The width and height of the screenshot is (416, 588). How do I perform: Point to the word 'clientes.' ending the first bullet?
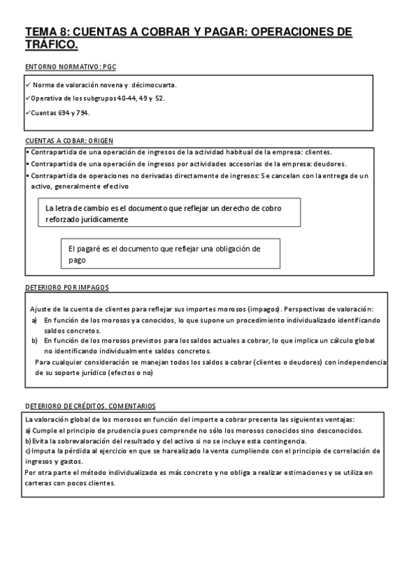pyautogui.click(x=316, y=152)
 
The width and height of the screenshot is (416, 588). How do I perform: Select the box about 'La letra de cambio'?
pyautogui.click(x=169, y=213)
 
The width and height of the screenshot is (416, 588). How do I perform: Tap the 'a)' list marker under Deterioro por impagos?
pyautogui.click(x=35, y=320)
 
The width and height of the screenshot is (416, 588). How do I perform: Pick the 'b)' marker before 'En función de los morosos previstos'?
pyautogui.click(x=35, y=341)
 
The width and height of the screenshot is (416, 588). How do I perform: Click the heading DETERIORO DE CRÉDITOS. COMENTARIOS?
pyautogui.click(x=90, y=406)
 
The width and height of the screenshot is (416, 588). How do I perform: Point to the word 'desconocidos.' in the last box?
pyautogui.click(x=333, y=430)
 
